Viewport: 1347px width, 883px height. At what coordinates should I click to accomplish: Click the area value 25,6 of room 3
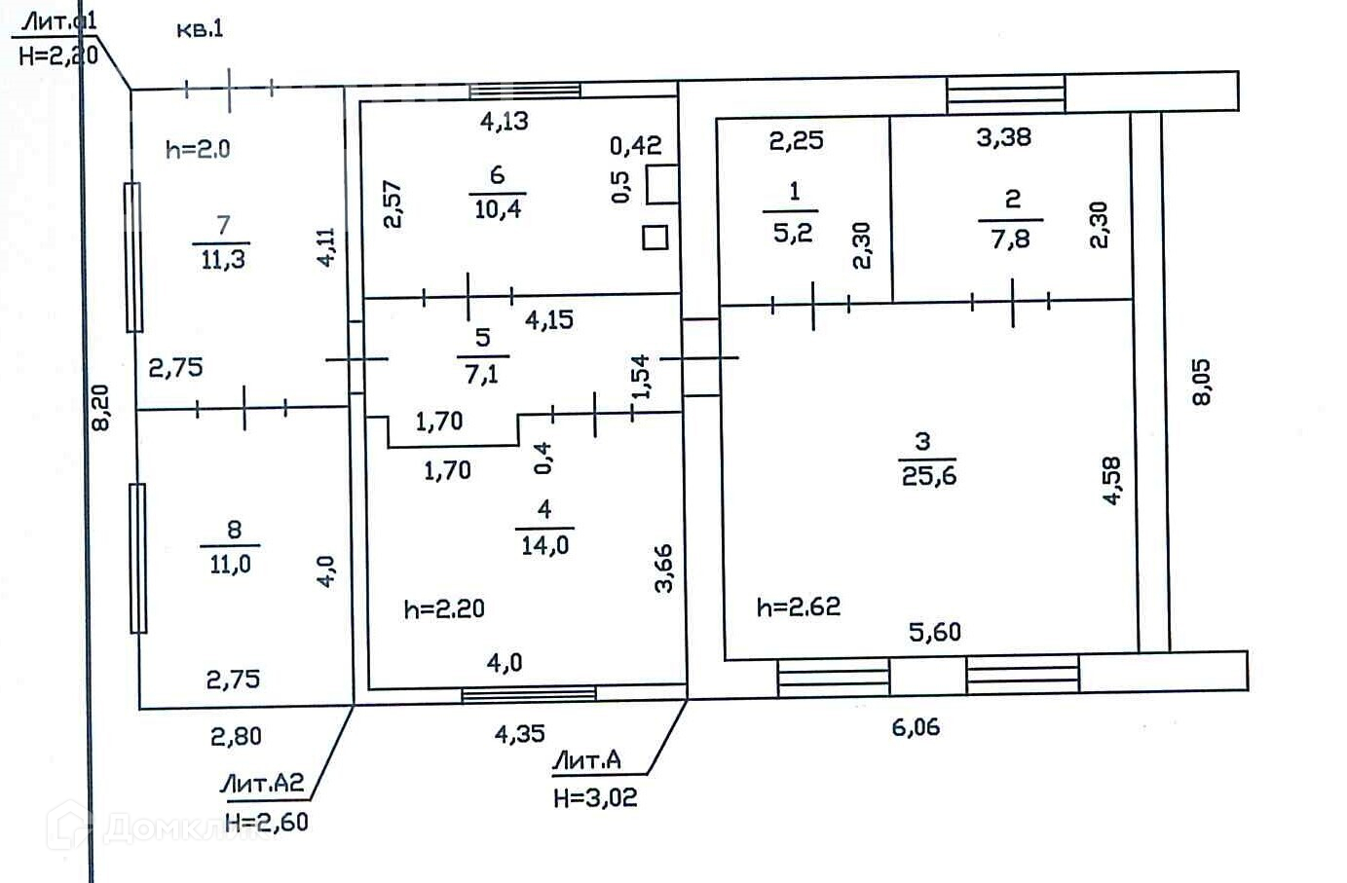pos(928,476)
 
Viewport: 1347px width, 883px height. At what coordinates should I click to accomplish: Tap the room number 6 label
pos(497,175)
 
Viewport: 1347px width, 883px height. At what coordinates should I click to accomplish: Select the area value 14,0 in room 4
pos(544,545)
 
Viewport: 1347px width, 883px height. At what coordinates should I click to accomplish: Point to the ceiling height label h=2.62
pos(798,607)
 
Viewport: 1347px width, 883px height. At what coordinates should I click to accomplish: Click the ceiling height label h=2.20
pos(444,609)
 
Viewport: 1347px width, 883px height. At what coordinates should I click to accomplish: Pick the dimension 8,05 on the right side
pos(1202,382)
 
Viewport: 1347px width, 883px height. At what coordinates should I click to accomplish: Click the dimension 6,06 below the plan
pos(916,726)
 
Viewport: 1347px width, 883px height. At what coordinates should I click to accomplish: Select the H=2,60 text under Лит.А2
pos(266,823)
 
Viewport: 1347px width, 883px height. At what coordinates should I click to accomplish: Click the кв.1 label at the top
pos(200,28)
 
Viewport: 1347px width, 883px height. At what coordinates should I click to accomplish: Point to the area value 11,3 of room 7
pos(223,260)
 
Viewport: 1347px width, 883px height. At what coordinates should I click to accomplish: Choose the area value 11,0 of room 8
pos(230,565)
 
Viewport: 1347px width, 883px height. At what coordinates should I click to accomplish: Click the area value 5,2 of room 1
pos(793,233)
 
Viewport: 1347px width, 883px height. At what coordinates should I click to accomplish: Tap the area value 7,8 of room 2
pos(1010,239)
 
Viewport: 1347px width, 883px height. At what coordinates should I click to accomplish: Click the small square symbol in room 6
pos(655,237)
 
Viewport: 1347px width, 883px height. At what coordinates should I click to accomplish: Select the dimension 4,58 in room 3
pos(1112,480)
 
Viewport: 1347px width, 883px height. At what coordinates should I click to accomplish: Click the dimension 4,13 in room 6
pos(505,121)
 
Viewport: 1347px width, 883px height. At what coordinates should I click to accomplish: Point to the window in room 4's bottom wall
pos(528,694)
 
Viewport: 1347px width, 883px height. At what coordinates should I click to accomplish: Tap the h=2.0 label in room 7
pos(198,149)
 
